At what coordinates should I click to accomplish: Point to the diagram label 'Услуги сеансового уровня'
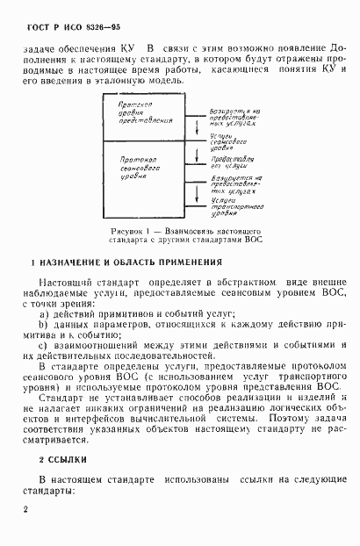234,141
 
